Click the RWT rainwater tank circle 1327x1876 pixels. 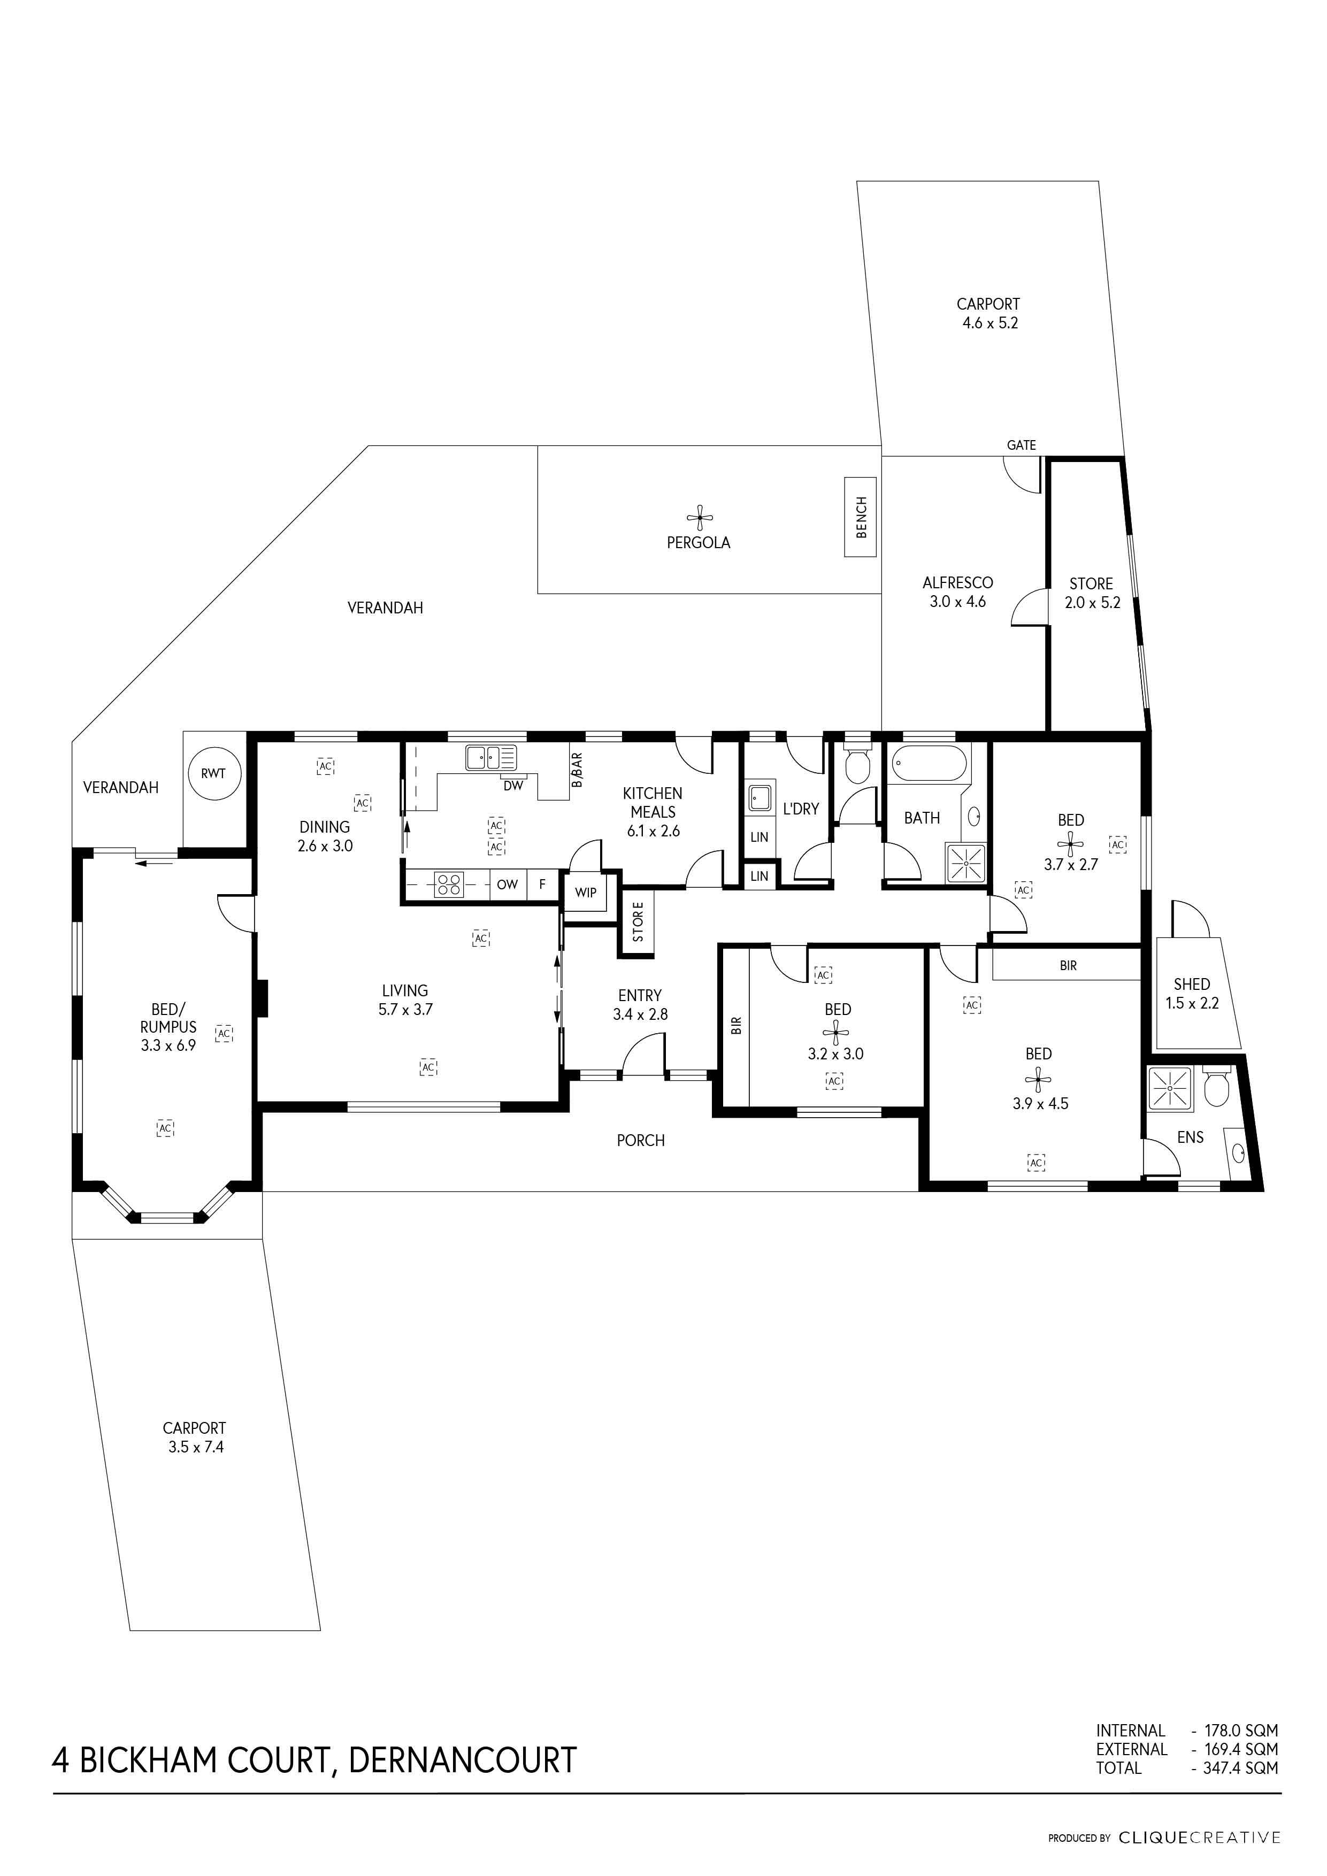tap(213, 773)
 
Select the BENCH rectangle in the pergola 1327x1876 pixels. tap(861, 517)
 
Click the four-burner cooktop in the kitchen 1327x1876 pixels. tap(448, 884)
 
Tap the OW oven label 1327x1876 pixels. tap(508, 884)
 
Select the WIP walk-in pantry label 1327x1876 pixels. tap(585, 892)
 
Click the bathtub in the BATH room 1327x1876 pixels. tap(928, 766)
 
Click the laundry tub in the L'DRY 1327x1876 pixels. tap(759, 797)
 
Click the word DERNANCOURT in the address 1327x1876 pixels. tap(463, 1760)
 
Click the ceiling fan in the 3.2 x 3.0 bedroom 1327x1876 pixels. tap(835, 1033)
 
